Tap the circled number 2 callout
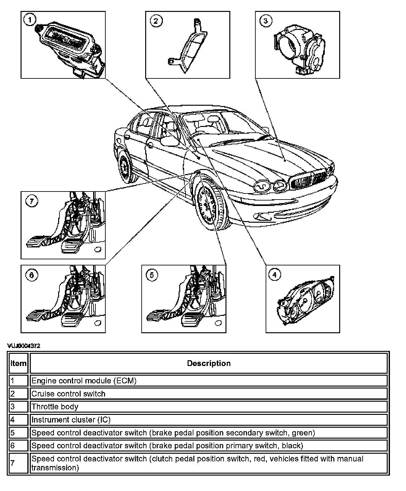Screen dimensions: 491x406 pos(156,21)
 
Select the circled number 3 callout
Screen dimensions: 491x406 pos(266,21)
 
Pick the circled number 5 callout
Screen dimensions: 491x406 pos(152,275)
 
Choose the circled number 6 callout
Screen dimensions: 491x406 pos(31,275)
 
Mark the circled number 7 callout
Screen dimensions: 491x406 pos(31,201)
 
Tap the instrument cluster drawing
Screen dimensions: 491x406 pos(305,301)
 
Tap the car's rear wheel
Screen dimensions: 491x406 pos(124,167)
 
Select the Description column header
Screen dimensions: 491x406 pos(209,363)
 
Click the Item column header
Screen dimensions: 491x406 pos(18,363)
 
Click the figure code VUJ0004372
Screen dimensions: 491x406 pos(24,346)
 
